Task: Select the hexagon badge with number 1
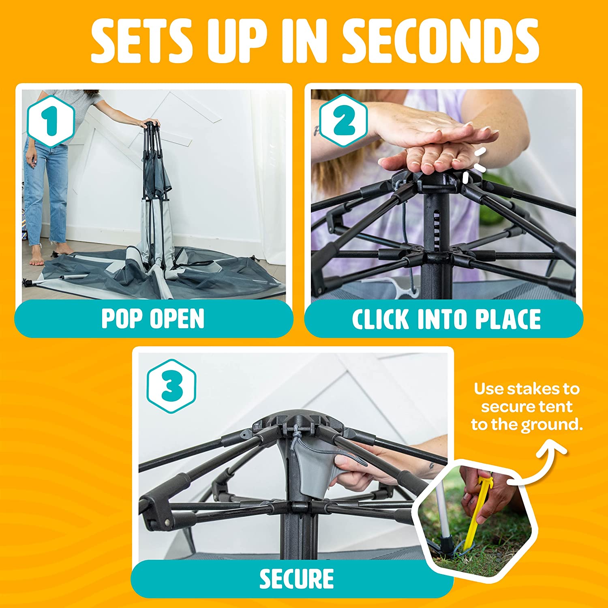51,121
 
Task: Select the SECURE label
297,579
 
